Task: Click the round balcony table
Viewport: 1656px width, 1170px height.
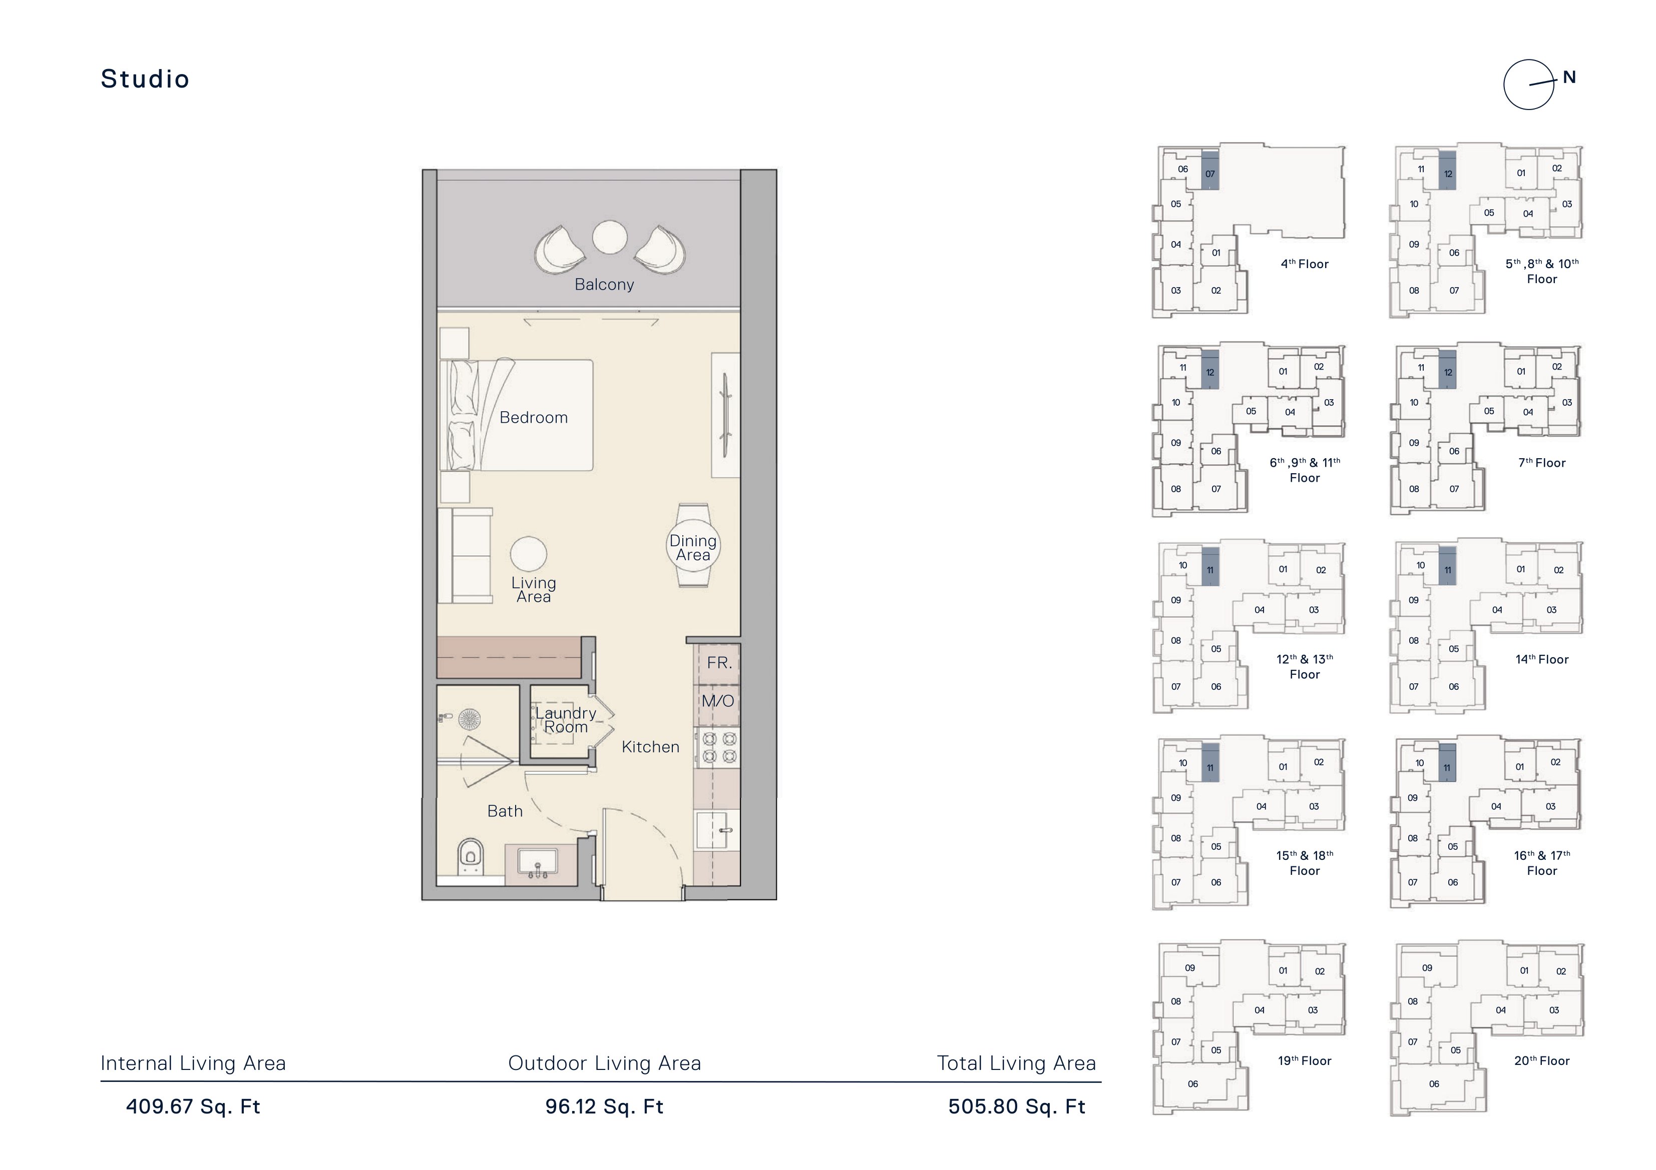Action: (x=609, y=237)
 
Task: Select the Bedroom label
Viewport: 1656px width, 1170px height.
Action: (x=534, y=417)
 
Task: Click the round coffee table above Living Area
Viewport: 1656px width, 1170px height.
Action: (x=529, y=554)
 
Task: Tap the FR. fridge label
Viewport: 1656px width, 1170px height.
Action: (x=719, y=662)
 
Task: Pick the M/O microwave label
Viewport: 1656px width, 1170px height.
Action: (x=718, y=701)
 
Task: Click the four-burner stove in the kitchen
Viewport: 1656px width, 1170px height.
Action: (x=719, y=747)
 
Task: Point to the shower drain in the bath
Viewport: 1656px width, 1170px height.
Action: (x=470, y=719)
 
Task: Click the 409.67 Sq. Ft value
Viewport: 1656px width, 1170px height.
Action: (x=193, y=1106)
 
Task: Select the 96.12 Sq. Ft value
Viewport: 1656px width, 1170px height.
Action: (x=604, y=1106)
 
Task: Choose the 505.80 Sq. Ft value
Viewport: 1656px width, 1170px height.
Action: (x=1017, y=1106)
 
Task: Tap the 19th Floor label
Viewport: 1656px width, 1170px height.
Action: (x=1305, y=1060)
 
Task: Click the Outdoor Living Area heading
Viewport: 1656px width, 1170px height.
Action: (x=604, y=1063)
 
